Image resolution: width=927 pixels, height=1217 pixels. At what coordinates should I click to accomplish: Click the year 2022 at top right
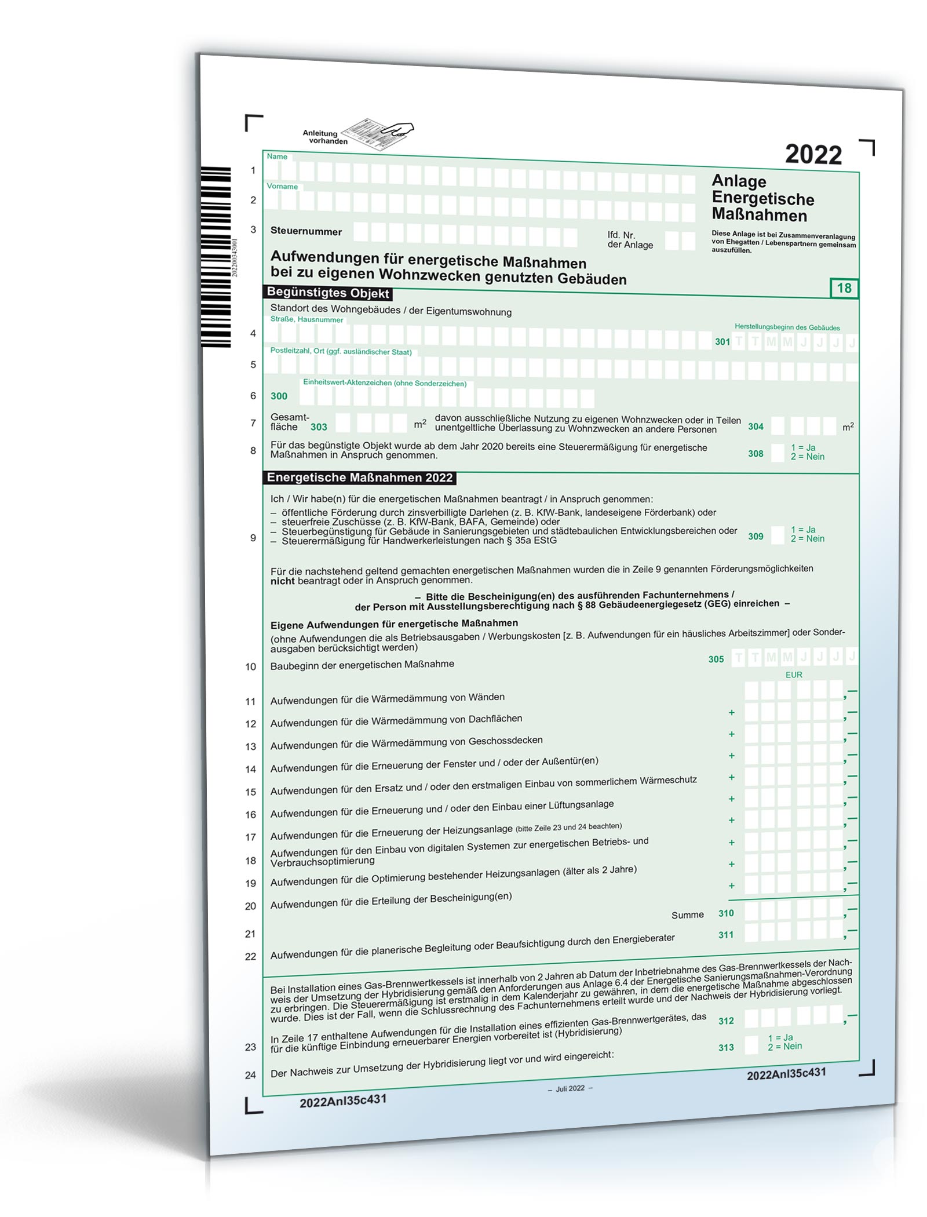(813, 155)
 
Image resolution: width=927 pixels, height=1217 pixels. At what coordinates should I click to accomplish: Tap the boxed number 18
(844, 288)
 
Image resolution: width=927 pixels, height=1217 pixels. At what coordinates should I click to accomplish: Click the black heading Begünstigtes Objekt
(327, 293)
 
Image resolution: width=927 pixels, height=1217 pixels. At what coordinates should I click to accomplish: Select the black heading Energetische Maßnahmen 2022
(359, 478)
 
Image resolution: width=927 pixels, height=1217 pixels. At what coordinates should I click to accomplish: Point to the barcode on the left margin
(216, 257)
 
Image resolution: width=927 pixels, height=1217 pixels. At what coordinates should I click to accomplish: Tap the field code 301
(722, 342)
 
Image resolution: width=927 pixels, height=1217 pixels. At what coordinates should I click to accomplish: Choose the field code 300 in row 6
(279, 396)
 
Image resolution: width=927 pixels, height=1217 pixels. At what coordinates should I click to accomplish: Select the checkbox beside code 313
(751, 1045)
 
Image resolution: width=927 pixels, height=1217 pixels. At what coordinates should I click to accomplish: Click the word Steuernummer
(306, 232)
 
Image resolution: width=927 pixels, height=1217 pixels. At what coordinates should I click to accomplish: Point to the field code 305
(716, 659)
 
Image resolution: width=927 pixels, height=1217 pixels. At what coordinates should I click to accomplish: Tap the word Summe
(687, 915)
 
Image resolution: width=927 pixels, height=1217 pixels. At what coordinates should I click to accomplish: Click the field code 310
(726, 913)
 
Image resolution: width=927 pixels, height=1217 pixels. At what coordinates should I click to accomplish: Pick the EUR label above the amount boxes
(794, 675)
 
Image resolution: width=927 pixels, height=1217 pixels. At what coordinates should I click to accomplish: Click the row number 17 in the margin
(250, 837)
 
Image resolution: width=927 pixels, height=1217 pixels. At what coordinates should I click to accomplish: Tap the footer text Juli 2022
(570, 1089)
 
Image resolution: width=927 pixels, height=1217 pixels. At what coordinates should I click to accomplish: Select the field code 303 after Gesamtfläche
(319, 427)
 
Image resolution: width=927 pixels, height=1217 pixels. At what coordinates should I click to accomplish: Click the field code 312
(726, 1021)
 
